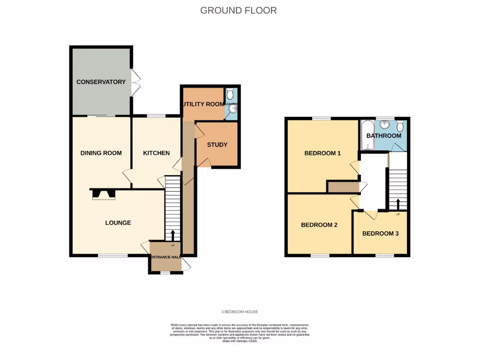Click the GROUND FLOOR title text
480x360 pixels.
point(238,10)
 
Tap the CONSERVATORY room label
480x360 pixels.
point(101,82)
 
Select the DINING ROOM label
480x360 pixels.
point(101,153)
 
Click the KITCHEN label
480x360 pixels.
point(156,153)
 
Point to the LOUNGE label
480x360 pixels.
point(118,223)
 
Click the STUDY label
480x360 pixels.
point(217,145)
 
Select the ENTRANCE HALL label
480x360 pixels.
point(165,257)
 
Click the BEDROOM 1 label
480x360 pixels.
point(322,153)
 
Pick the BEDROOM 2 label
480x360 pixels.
point(319,225)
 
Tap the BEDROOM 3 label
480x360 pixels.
point(380,233)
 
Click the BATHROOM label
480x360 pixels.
point(384,136)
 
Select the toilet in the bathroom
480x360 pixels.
point(400,126)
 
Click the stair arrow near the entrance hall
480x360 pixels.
point(172,235)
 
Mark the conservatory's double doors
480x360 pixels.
point(135,83)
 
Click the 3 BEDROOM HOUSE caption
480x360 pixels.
point(240,312)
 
